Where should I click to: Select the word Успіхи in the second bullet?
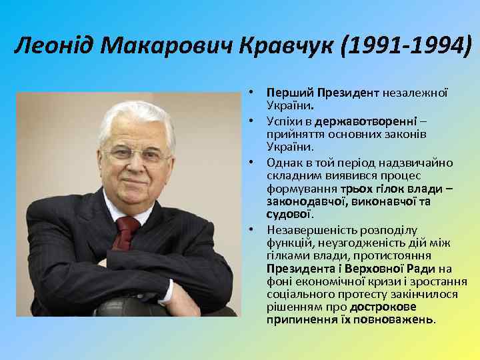tap(284, 121)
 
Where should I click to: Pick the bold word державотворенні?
tap(371, 121)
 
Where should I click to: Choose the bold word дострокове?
tap(383, 306)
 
